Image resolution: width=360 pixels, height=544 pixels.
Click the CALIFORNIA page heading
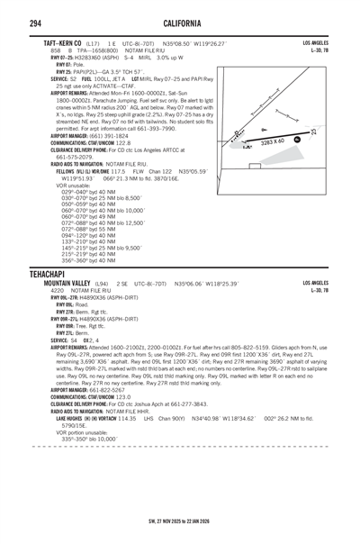point(180,22)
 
